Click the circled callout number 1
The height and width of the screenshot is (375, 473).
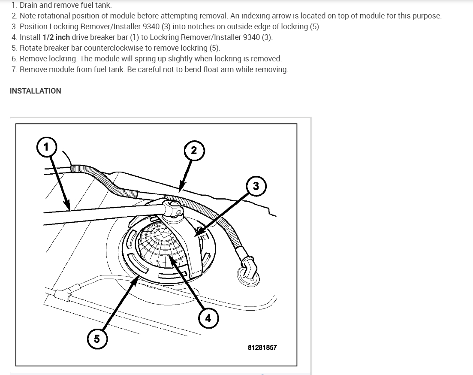tap(46, 147)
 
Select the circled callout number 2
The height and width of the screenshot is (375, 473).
tap(194, 151)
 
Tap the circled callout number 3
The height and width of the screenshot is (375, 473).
tap(256, 186)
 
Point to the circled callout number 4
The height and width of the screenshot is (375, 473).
tap(208, 318)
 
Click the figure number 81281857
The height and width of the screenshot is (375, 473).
tap(262, 348)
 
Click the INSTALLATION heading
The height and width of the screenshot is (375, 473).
tap(35, 91)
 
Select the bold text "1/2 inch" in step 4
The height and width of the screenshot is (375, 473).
tap(56, 37)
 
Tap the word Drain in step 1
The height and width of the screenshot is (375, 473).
tap(29, 5)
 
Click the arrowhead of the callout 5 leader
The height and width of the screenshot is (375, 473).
tap(137, 279)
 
